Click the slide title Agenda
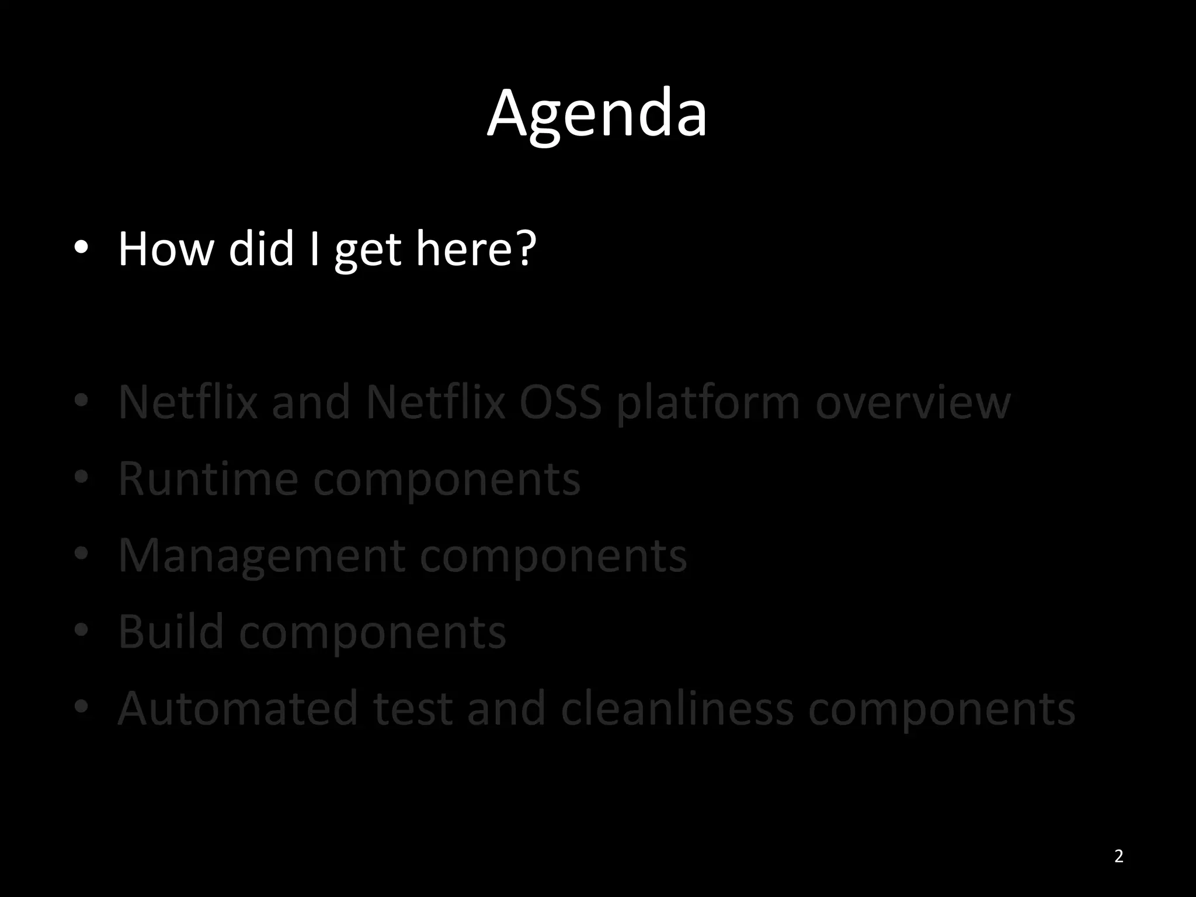[597, 114]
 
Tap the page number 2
[1118, 856]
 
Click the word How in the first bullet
[166, 249]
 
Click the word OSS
[560, 402]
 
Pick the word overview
[912, 402]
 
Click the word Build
[171, 632]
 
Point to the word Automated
[238, 708]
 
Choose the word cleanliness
[677, 708]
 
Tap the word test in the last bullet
[412, 708]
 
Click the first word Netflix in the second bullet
[188, 402]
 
